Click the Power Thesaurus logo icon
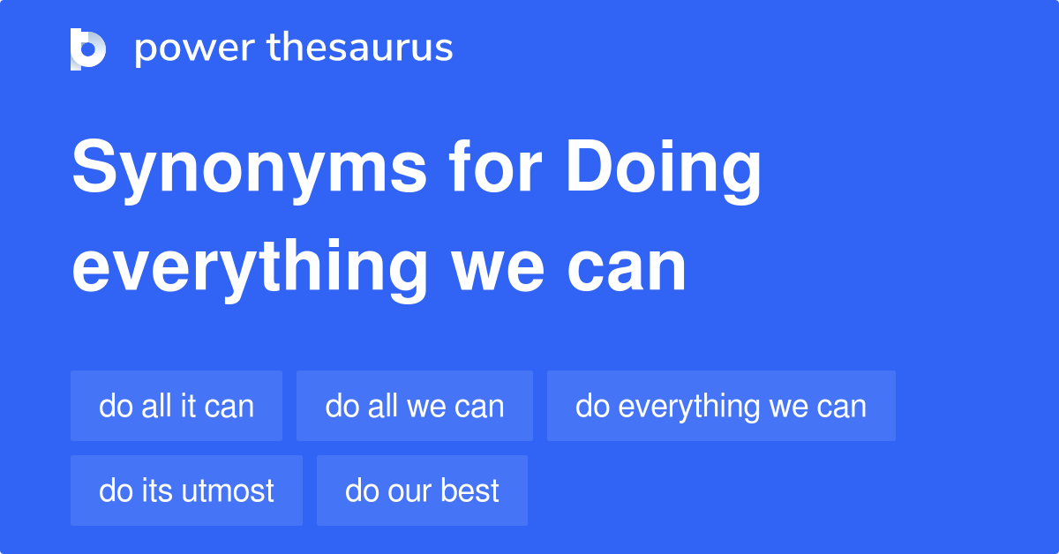(88, 49)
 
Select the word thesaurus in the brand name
(360, 49)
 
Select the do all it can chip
(176, 406)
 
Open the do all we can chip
(415, 406)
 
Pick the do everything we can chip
(721, 406)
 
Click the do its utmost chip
(186, 490)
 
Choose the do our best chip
(422, 490)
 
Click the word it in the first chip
(188, 406)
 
